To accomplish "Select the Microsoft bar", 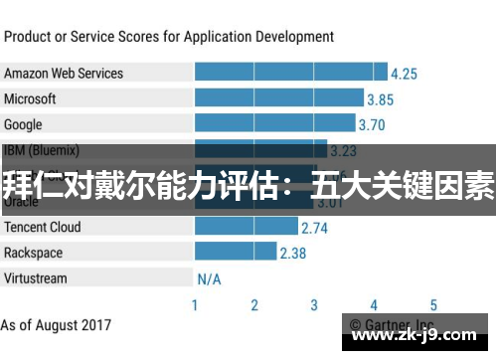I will pos(279,98).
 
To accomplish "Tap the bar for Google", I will pos(274,124).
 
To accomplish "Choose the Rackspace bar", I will pos(235,253).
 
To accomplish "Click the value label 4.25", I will pos(404,74).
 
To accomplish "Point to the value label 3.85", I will pos(380,99).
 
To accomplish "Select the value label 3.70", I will pos(371,125).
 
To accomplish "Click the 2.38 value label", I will pos(292,254).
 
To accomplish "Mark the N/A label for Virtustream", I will pos(209,279).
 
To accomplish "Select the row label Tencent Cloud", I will pos(42,227).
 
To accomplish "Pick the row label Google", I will pos(23,124).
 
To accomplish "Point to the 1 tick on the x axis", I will pos(195,305).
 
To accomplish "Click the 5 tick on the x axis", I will pos(433,305).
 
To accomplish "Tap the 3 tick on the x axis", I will pos(314,305).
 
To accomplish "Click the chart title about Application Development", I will pos(168,37).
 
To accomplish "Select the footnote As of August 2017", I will pos(56,325).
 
